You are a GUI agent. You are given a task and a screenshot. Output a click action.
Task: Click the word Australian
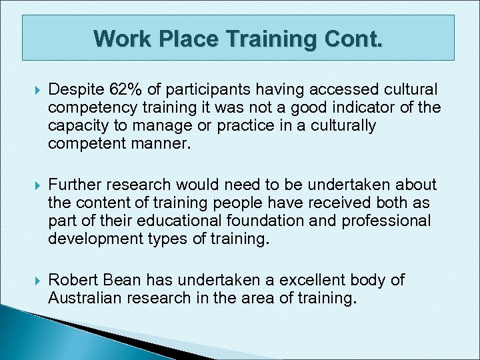tap(81, 297)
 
